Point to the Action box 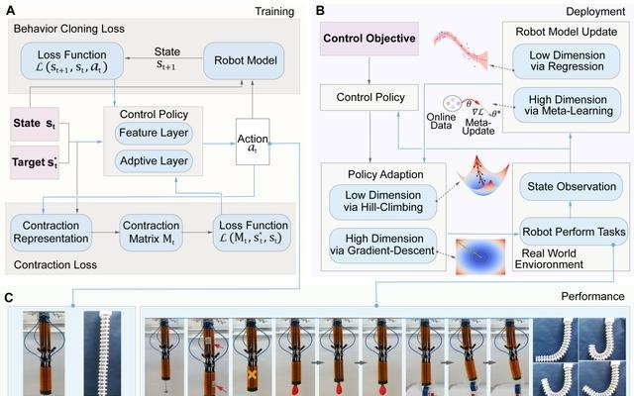253,142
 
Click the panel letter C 8,297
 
